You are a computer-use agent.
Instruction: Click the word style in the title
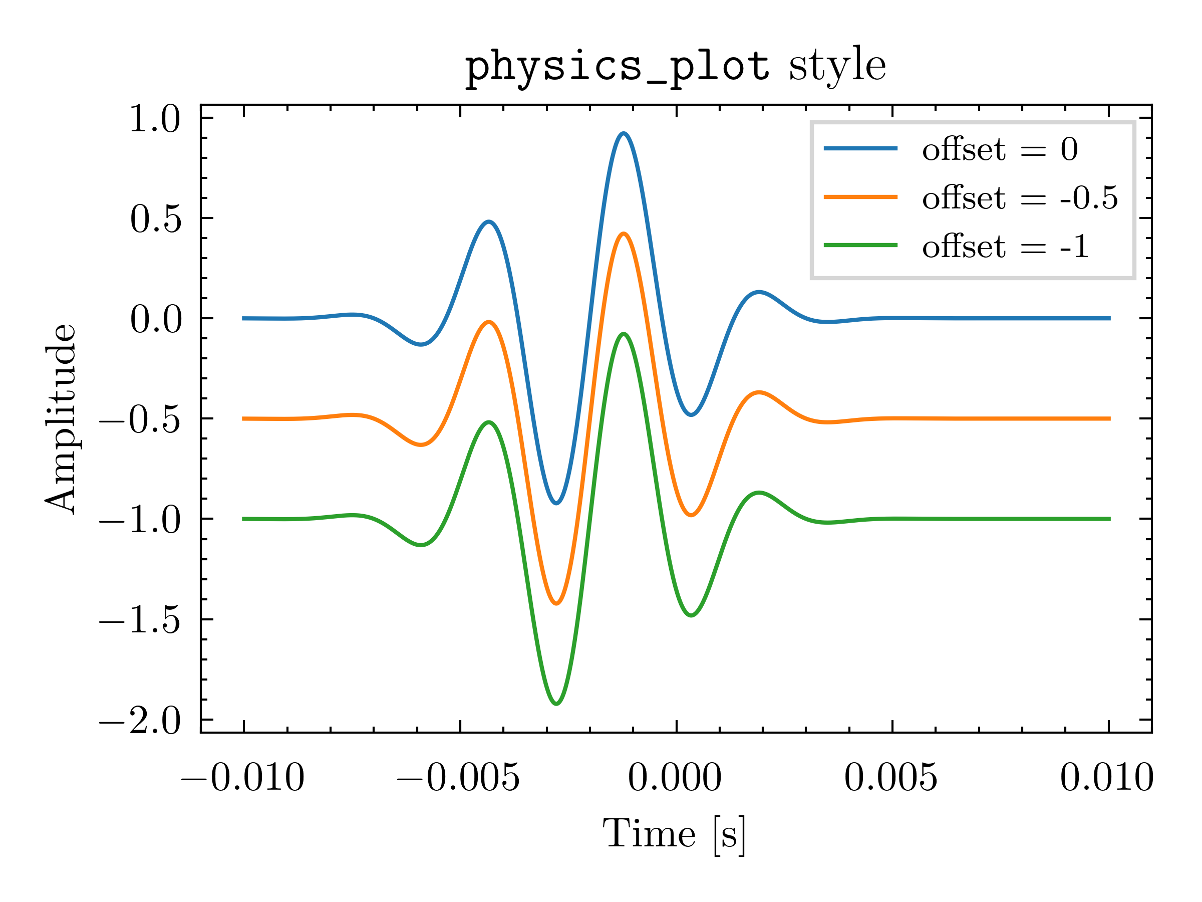(837, 65)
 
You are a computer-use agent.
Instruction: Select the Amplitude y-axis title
(61, 418)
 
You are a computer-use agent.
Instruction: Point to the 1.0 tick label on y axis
(155, 119)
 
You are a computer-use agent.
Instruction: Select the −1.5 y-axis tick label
(140, 620)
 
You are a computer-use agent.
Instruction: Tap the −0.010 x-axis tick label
(243, 778)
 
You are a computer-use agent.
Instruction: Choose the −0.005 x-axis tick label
(459, 778)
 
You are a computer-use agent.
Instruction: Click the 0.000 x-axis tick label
(675, 778)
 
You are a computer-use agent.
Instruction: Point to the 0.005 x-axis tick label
(890, 778)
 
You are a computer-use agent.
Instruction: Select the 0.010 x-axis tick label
(1107, 778)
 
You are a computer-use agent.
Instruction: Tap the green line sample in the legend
(861, 245)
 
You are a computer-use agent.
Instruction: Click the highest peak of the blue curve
(624, 133)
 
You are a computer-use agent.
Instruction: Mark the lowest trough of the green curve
(556, 704)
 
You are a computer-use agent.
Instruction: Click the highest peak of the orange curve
(624, 234)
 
